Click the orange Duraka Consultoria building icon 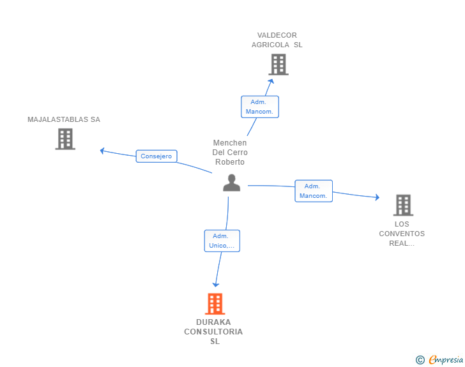point(215,304)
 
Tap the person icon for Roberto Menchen point(232,183)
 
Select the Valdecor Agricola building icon point(278,64)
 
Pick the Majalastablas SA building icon point(65,139)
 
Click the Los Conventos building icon point(403,205)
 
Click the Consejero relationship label point(156,156)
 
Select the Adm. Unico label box point(222,241)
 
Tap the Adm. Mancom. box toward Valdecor point(260,107)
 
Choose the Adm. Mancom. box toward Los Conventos point(314,191)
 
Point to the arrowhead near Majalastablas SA point(102,151)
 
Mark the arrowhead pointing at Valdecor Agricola point(271,81)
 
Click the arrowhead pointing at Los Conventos point(377,197)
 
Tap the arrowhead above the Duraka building point(216,285)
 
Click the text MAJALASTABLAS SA point(64,119)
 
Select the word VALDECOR point(277,35)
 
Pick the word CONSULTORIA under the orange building point(213,332)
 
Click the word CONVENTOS point(402,234)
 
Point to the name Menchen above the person point(230,143)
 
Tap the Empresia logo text point(446,359)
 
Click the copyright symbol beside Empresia point(420,360)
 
